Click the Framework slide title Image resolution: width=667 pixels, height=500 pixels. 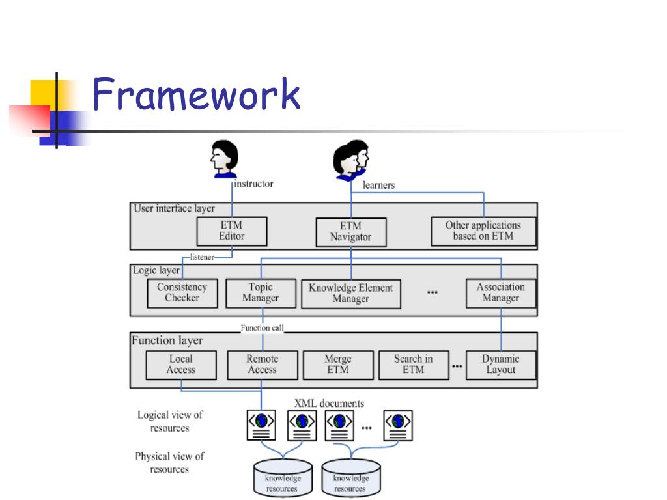pos(196,94)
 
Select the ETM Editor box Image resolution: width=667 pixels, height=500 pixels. pos(232,231)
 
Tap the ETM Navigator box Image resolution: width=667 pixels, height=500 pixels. pos(351,232)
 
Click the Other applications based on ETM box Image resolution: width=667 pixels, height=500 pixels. pos(483,231)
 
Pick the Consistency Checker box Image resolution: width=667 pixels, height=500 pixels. pos(182,293)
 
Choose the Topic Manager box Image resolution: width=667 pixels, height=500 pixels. pos(261,293)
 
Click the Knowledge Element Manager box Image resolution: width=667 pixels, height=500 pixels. pos(351,294)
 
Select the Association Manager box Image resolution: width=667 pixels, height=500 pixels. pos(501,293)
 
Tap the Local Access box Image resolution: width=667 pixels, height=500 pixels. pos(181,365)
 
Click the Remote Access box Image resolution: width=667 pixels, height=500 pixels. pos(263,365)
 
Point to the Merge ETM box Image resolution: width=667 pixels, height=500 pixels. pos(338,365)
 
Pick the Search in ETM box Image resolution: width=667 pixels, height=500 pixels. pos(414,365)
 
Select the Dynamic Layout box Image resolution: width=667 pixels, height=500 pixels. pos(501,365)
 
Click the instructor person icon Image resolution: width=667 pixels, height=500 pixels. pos(224,159)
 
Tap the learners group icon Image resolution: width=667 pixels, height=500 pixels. pos(350,160)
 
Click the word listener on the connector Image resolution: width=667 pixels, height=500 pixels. pos(202,257)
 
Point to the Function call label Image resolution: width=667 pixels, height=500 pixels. pos(262,328)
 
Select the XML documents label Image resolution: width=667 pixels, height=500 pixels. pos(329,404)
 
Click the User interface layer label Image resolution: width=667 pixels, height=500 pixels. pos(175,208)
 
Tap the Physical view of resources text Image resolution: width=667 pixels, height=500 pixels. pos(170,463)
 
